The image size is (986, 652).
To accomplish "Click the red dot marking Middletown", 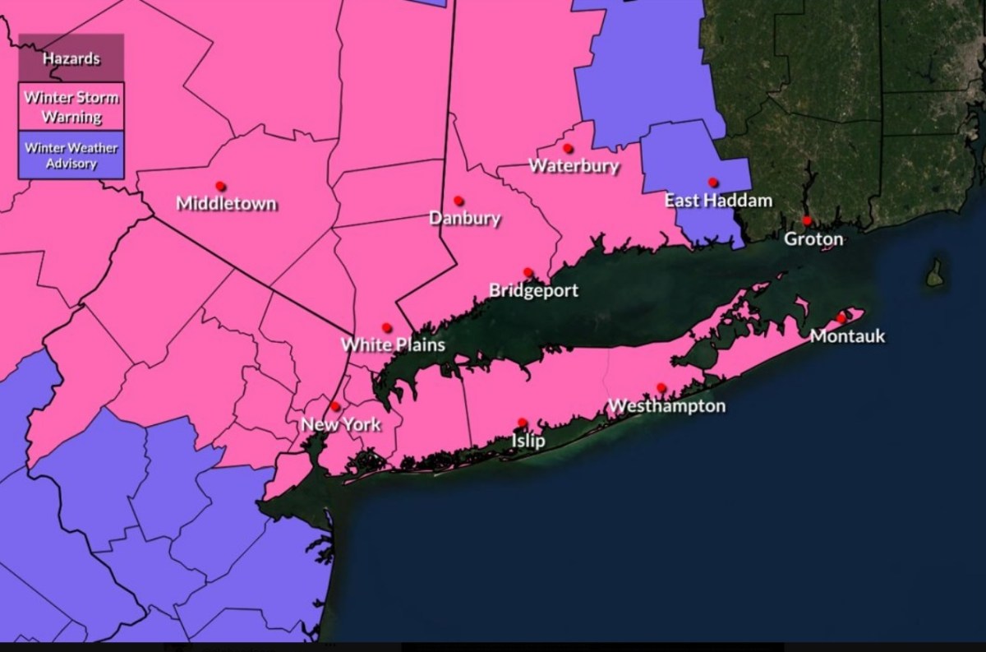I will (220, 186).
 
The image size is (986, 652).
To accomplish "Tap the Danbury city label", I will (464, 219).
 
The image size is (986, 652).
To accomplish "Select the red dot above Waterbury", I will (568, 148).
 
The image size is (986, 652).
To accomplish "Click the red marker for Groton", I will (807, 220).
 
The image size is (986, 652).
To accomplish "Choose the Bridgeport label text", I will (533, 290).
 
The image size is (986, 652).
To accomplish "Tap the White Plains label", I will (394, 344).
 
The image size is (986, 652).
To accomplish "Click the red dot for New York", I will (335, 406).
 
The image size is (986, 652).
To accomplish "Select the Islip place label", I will (528, 441).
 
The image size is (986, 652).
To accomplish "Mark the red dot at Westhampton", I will (661, 388).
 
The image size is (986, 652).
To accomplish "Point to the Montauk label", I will (847, 335).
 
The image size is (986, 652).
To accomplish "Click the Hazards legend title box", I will (71, 58).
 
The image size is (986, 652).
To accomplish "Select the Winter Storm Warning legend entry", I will (71, 107).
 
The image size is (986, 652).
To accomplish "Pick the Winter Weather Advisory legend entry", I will (71, 155).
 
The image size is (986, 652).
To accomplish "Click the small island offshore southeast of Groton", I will (935, 274).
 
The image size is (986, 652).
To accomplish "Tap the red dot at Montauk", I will (841, 317).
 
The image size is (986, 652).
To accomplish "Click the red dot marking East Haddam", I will (713, 183).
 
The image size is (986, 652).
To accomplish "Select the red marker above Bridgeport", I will (528, 273).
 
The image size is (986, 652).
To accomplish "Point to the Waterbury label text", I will (574, 165).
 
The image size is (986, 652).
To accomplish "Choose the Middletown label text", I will (227, 204).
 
